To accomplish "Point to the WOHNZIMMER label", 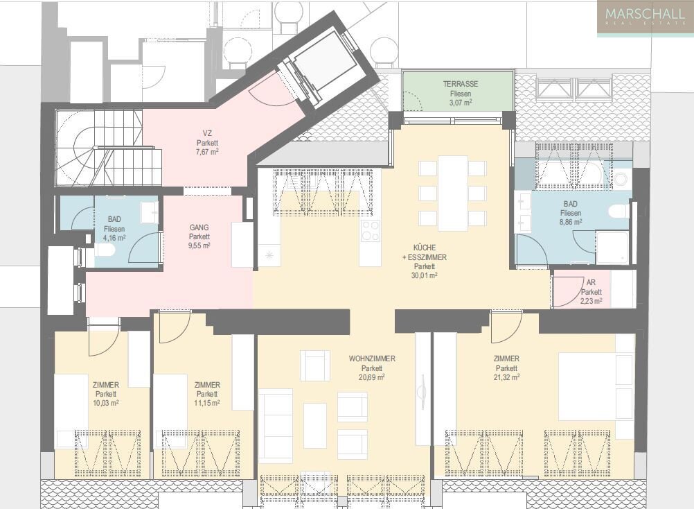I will [x=372, y=359].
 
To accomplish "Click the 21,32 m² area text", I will [x=507, y=377].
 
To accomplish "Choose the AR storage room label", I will [x=591, y=283].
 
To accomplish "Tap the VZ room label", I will [x=207, y=132].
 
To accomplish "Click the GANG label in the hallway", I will [x=199, y=227].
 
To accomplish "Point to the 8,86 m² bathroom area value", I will [x=571, y=223].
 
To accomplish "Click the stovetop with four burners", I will [x=371, y=230].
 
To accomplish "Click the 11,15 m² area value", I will [x=207, y=403].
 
